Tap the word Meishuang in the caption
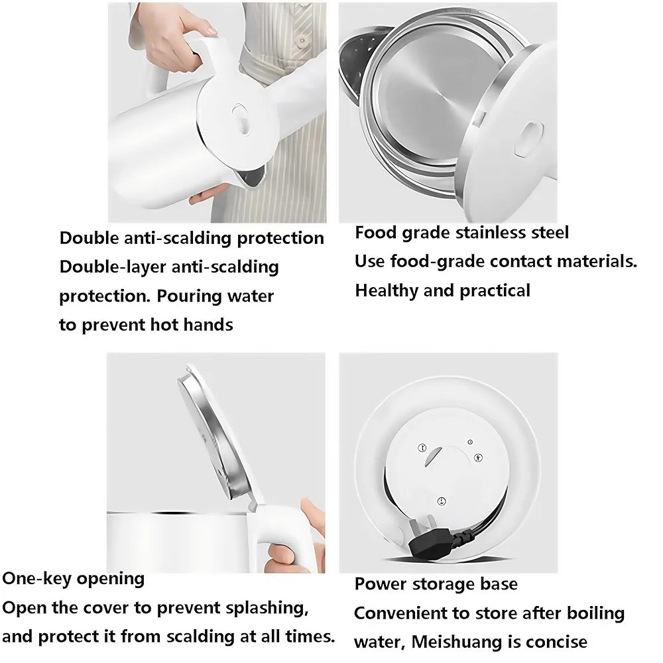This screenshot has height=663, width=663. click(x=457, y=642)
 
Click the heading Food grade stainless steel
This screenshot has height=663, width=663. click(x=461, y=233)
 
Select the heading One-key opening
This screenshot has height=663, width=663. click(x=73, y=578)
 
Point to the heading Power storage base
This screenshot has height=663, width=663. click(x=436, y=584)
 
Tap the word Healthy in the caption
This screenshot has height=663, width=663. click(x=387, y=291)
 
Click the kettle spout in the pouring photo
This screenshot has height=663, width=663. click(x=251, y=177)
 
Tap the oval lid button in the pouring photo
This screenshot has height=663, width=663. click(x=240, y=119)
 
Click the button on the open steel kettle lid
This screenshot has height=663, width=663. click(x=530, y=139)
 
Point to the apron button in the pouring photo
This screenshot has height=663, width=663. click(x=302, y=41)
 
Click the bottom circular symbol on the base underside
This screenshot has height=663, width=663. click(x=442, y=501)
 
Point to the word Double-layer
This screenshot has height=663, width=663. click(x=113, y=267)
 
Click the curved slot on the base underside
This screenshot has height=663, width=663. click(x=432, y=457)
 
